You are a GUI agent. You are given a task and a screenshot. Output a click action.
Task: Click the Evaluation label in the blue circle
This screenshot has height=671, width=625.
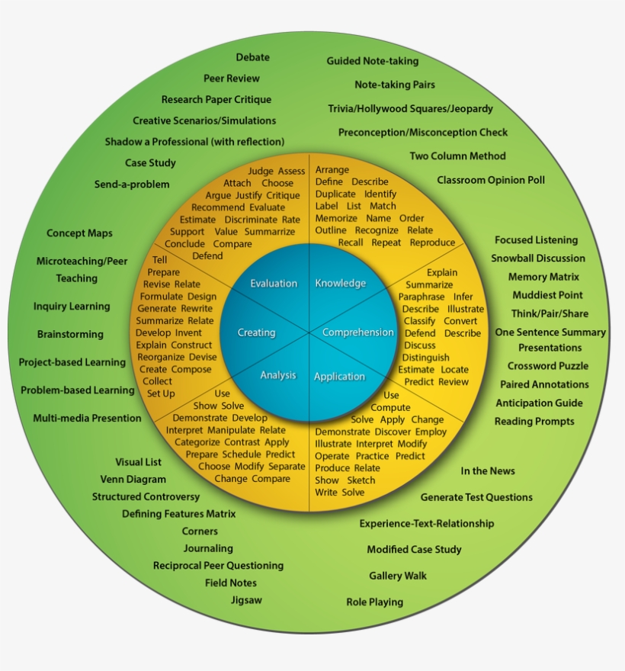[274, 284]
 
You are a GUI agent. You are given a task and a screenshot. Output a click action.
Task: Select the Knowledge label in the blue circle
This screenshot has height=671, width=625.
[341, 284]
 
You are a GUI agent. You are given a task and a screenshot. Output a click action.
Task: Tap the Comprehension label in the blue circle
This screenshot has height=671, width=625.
[357, 332]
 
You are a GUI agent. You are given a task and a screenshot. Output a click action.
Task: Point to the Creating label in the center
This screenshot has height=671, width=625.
[256, 332]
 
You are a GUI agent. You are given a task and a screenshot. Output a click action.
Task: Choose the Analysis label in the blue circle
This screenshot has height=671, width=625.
[278, 375]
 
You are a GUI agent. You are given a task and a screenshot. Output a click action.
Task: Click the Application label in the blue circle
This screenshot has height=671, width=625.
[339, 377]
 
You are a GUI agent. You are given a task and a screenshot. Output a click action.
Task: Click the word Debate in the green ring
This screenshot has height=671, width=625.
[252, 57]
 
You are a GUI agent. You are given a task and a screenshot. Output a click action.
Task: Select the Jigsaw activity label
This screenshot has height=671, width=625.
[246, 600]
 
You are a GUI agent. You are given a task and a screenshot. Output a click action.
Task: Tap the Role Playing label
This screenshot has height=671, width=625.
[374, 602]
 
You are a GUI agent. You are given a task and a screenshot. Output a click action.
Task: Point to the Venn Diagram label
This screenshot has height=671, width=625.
[133, 480]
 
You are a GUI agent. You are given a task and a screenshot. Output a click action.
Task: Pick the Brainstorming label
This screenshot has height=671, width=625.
[70, 335]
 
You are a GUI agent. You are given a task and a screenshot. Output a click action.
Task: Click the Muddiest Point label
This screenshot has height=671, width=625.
[547, 295]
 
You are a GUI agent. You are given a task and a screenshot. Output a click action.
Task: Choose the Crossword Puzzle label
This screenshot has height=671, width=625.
[548, 366]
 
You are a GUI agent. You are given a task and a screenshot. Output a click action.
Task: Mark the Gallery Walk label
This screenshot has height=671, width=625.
[398, 576]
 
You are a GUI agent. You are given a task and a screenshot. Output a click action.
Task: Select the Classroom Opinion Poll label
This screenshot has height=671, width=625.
[491, 181]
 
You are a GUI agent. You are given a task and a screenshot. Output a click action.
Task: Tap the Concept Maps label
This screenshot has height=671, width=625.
[79, 233]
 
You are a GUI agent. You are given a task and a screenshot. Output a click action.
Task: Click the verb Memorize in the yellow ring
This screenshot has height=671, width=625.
[336, 218]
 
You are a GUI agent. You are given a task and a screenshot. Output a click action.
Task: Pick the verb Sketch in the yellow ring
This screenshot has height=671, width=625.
[361, 480]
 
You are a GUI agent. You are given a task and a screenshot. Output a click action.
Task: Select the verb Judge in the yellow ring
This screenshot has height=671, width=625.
[261, 172]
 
